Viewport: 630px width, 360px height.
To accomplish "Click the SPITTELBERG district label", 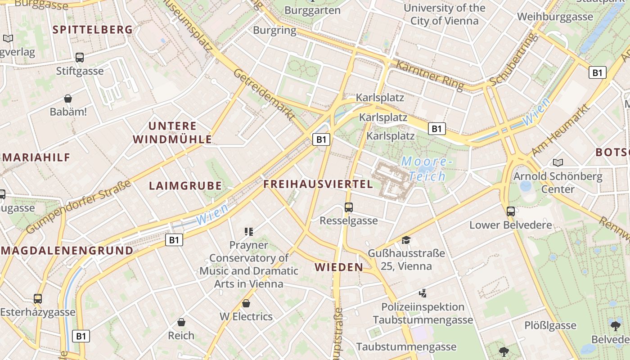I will tap(93, 30).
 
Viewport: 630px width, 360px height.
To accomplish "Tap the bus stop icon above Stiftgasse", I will tap(80, 58).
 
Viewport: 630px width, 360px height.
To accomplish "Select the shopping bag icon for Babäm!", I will tap(68, 99).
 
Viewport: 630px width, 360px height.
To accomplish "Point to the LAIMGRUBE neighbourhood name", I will tap(185, 185).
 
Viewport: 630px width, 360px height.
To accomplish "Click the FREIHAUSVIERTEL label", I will tap(318, 184).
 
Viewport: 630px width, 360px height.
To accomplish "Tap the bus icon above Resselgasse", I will tap(349, 207).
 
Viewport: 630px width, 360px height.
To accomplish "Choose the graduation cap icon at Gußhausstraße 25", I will tap(406, 240).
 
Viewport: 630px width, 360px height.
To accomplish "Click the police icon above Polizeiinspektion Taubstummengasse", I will tap(423, 294).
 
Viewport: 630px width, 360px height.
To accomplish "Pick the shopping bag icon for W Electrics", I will tap(246, 303).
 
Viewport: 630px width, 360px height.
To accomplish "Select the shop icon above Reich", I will tap(181, 322).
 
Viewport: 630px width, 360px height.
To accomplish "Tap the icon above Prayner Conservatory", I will tap(249, 232).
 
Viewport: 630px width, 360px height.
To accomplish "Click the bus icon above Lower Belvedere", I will tap(510, 211).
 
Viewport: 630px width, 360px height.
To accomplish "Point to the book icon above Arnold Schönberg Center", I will tap(558, 162).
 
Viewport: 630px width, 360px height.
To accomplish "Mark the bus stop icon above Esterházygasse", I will tap(38, 298).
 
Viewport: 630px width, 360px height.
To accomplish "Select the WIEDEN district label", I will tap(339, 267).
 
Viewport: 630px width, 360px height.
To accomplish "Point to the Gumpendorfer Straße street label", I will tap(79, 207).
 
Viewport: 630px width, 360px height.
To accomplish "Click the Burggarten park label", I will tap(313, 10).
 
